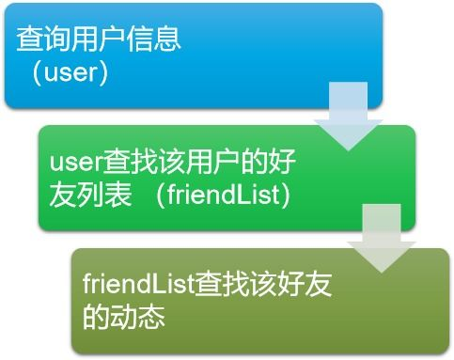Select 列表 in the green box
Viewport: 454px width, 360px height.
(x=103, y=195)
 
